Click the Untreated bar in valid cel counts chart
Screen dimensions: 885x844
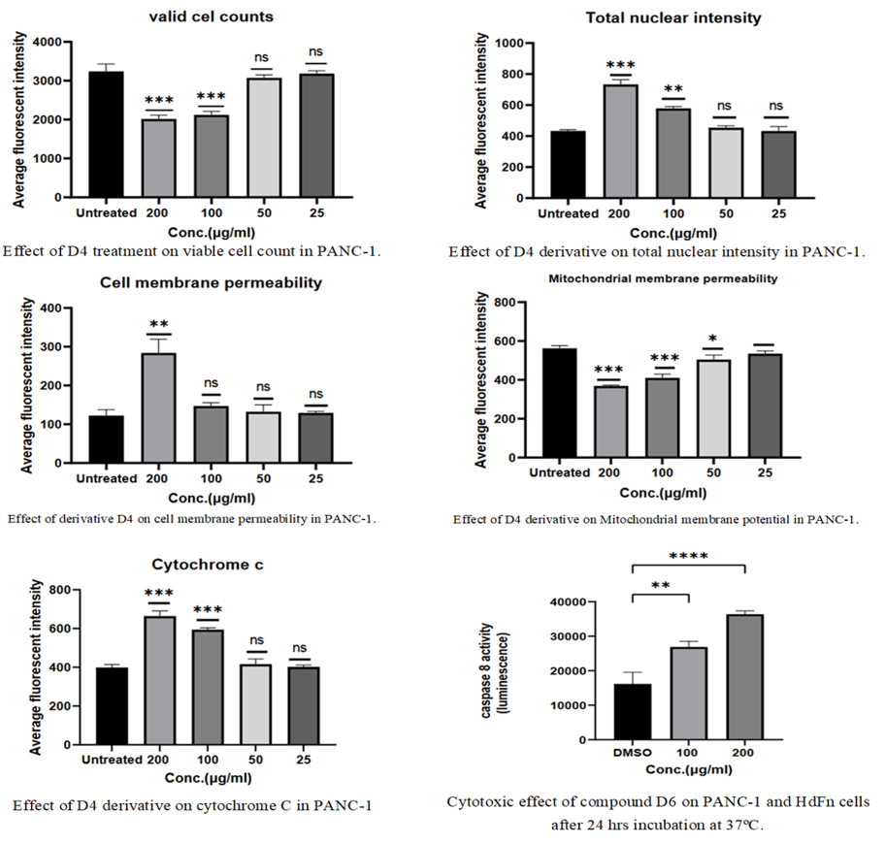click(106, 134)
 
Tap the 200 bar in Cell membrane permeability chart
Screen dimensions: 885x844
click(158, 407)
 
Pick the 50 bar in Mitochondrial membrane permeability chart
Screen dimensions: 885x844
click(713, 408)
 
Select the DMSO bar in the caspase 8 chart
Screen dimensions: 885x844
click(633, 711)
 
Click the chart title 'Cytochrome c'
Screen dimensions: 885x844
click(208, 565)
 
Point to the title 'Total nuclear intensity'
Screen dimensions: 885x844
click(673, 18)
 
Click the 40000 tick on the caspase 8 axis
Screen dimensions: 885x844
click(568, 602)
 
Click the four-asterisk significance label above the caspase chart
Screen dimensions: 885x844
click(689, 556)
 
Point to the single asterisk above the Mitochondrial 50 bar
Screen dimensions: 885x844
click(713, 339)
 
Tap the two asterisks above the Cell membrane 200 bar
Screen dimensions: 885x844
click(159, 324)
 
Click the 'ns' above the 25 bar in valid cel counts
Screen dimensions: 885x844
click(316, 52)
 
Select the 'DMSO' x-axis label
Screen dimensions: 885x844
click(633, 753)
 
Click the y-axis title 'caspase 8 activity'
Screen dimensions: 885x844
click(486, 670)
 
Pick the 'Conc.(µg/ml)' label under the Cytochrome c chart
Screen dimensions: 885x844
click(209, 779)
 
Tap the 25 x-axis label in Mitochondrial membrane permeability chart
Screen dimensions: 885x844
click(765, 472)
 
